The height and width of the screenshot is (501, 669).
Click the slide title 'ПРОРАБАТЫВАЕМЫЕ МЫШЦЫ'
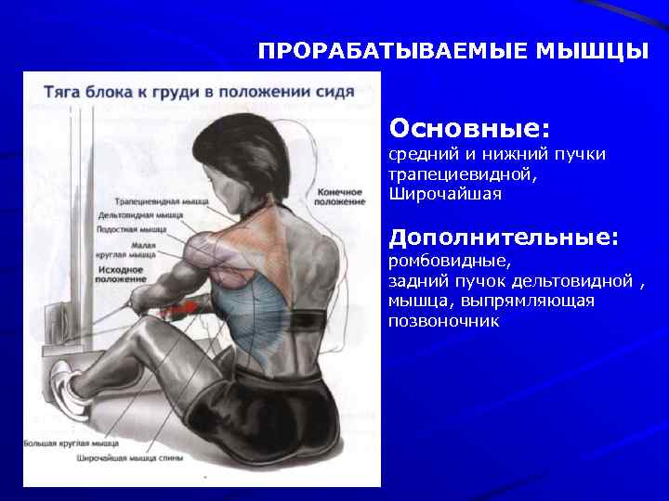453,50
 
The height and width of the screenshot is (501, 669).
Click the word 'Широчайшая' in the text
445,194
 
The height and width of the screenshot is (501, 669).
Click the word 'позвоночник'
444,321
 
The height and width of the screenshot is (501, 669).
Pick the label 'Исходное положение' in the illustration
121,273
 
